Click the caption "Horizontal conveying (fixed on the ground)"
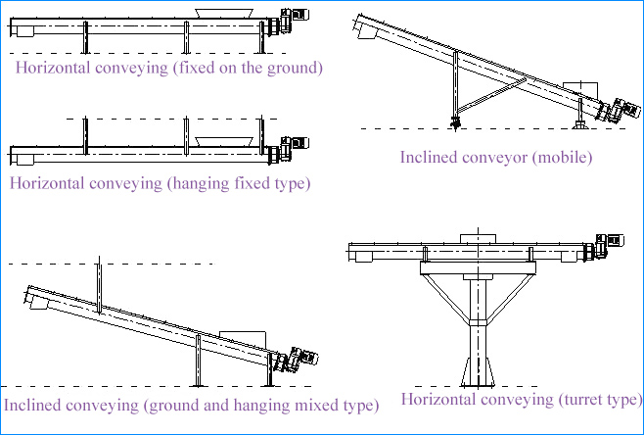pyautogui.click(x=168, y=69)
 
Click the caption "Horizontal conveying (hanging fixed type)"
pyautogui.click(x=160, y=183)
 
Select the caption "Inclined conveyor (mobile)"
pyautogui.click(x=496, y=157)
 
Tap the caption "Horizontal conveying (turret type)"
pyautogui.click(x=521, y=399)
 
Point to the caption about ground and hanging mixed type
pyautogui.click(x=191, y=405)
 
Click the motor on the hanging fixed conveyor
pyautogui.click(x=293, y=148)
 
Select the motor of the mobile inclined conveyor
pyautogui.click(x=614, y=110)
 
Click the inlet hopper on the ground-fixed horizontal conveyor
pyautogui.click(x=226, y=12)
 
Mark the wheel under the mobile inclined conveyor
pyautogui.click(x=455, y=121)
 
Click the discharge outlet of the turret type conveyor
pyautogui.click(x=364, y=257)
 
